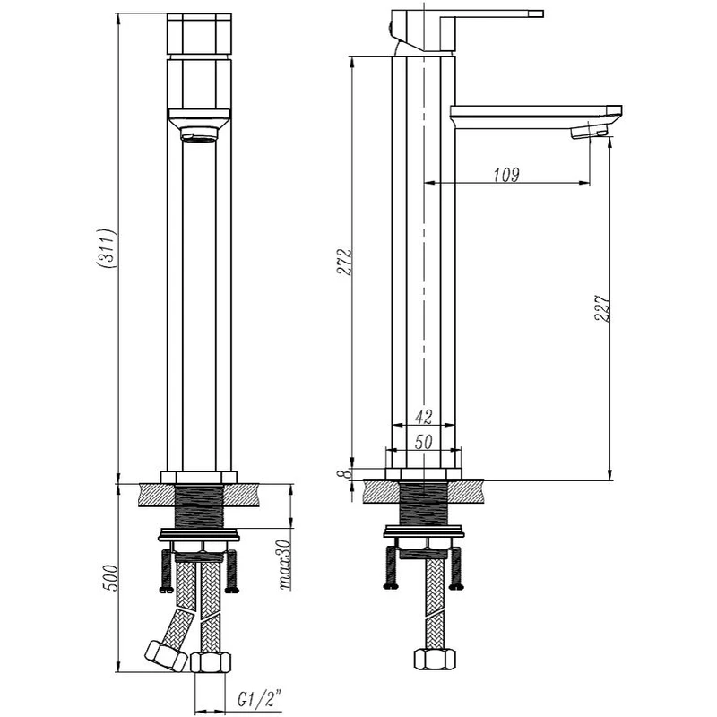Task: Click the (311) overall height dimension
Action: (107, 248)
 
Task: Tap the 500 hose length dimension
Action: (111, 578)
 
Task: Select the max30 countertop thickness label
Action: (284, 565)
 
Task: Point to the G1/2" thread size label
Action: (259, 699)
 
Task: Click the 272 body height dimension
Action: (344, 262)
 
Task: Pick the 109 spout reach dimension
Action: (506, 174)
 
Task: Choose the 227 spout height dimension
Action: (602, 308)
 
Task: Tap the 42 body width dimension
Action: (423, 417)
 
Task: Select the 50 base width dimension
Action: (423, 442)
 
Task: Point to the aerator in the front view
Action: (199, 134)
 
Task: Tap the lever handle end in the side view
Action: (535, 13)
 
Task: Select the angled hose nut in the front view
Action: (166, 656)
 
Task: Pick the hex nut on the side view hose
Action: (435, 659)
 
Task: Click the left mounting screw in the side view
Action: (391, 566)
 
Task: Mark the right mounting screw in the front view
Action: (232, 572)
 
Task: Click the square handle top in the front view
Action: (199, 34)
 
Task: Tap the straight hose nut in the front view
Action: (211, 661)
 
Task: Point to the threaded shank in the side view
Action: (423, 504)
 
